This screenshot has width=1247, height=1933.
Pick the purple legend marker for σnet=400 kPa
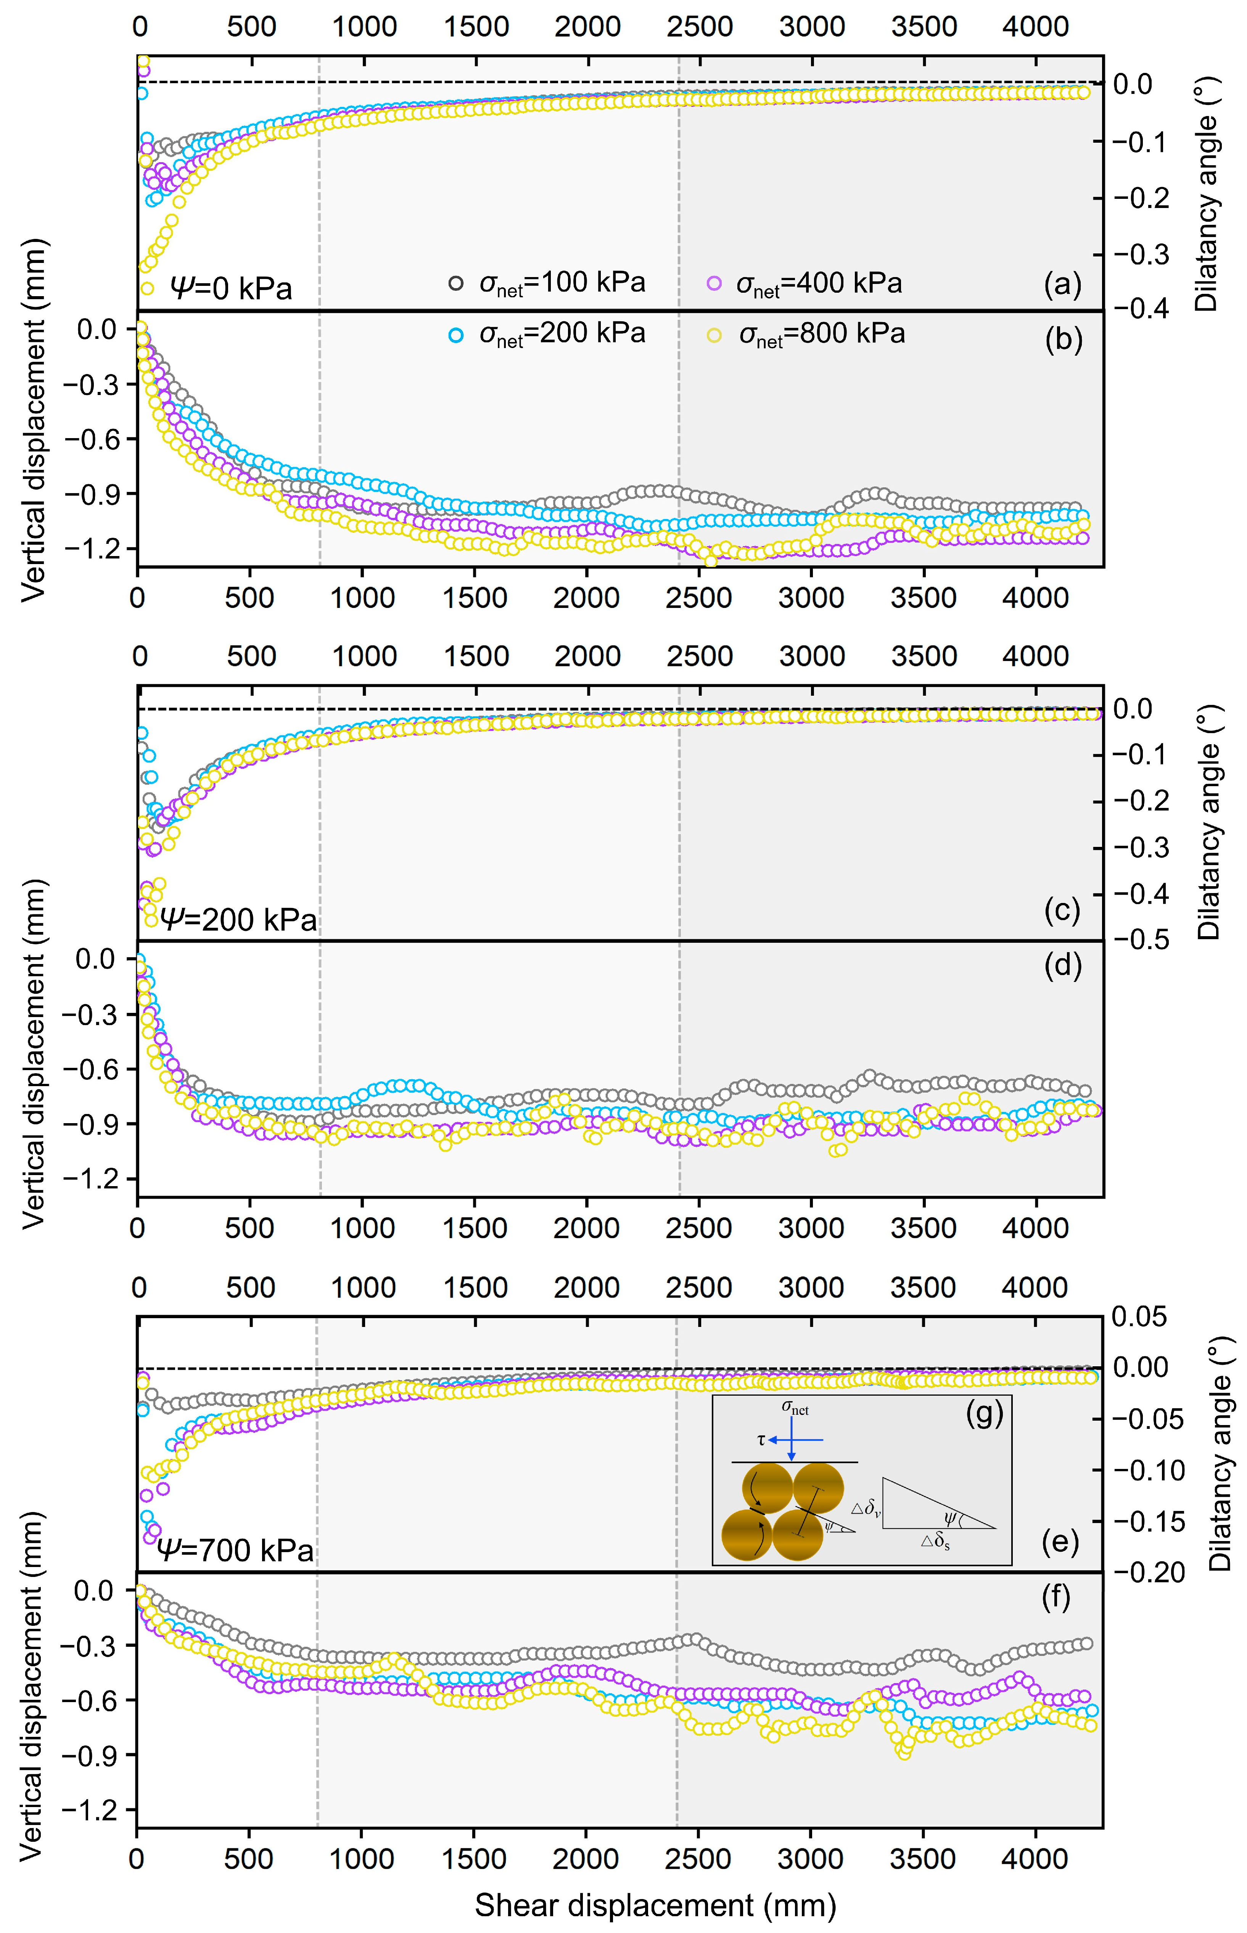pyautogui.click(x=713, y=284)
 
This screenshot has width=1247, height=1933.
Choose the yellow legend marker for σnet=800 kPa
pyautogui.click(x=713, y=335)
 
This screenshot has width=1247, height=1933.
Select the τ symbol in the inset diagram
pyautogui.click(x=761, y=1440)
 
